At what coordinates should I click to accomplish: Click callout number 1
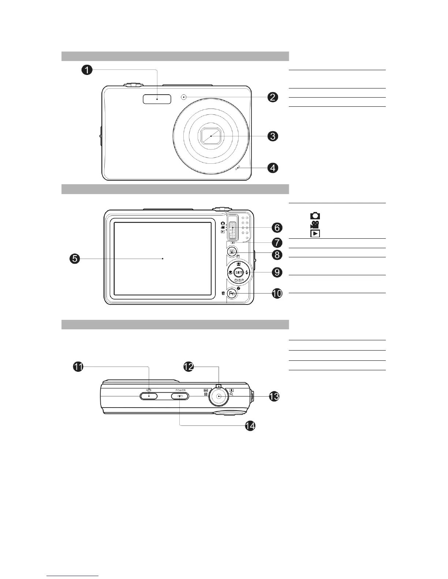(87, 71)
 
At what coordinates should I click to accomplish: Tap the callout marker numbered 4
(273, 168)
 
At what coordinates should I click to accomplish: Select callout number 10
(277, 293)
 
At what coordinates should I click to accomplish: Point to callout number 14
(250, 425)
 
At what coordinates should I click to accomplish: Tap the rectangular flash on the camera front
(157, 98)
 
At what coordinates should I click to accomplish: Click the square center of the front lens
(212, 136)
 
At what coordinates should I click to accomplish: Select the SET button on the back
(239, 272)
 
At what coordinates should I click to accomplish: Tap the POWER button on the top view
(180, 396)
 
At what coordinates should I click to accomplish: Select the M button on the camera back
(231, 251)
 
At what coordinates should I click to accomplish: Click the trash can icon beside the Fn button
(223, 293)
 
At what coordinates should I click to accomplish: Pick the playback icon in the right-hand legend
(315, 233)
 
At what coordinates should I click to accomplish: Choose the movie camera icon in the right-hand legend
(314, 224)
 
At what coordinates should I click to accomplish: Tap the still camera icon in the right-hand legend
(315, 216)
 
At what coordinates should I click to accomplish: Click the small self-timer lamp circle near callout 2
(184, 97)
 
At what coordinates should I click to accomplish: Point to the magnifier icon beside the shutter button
(232, 394)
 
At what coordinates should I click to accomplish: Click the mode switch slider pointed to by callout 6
(232, 227)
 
